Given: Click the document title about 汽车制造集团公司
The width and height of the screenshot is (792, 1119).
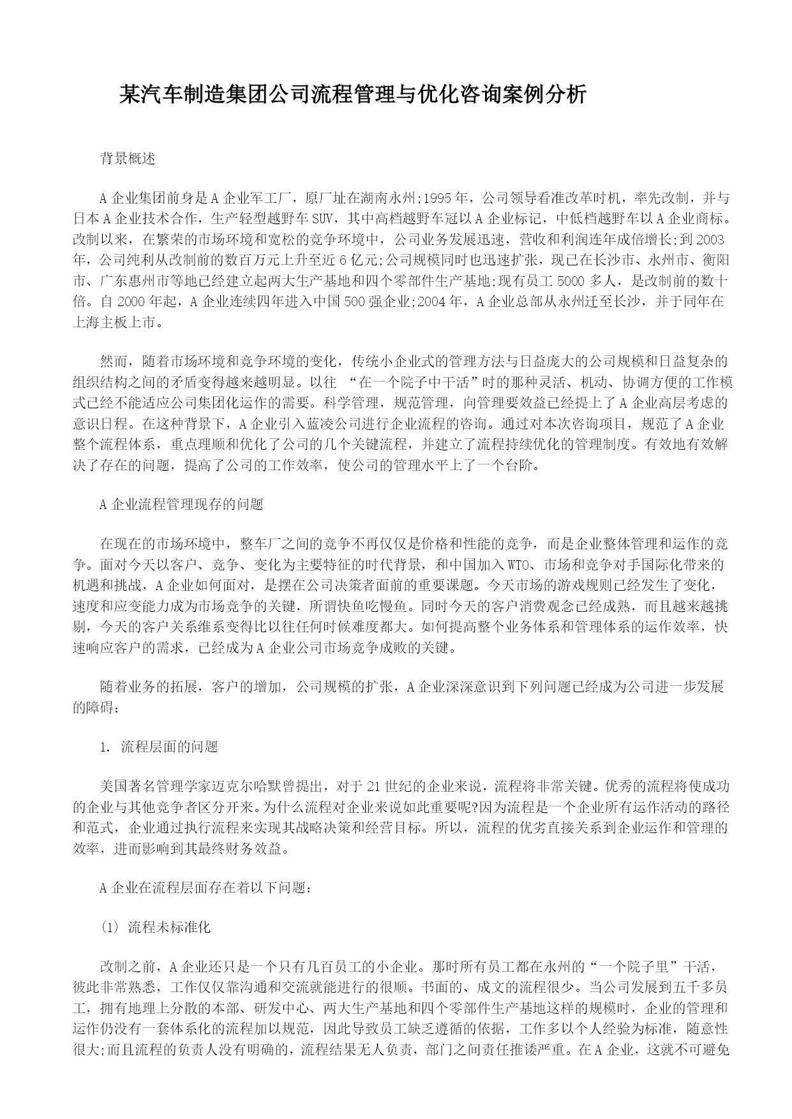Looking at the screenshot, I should coord(353,95).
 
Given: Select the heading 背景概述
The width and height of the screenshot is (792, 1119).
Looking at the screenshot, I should coord(128,159).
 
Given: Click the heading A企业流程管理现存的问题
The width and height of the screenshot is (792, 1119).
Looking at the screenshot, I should coord(181,504).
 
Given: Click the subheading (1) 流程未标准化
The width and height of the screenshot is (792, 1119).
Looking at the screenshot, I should coord(155,928).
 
